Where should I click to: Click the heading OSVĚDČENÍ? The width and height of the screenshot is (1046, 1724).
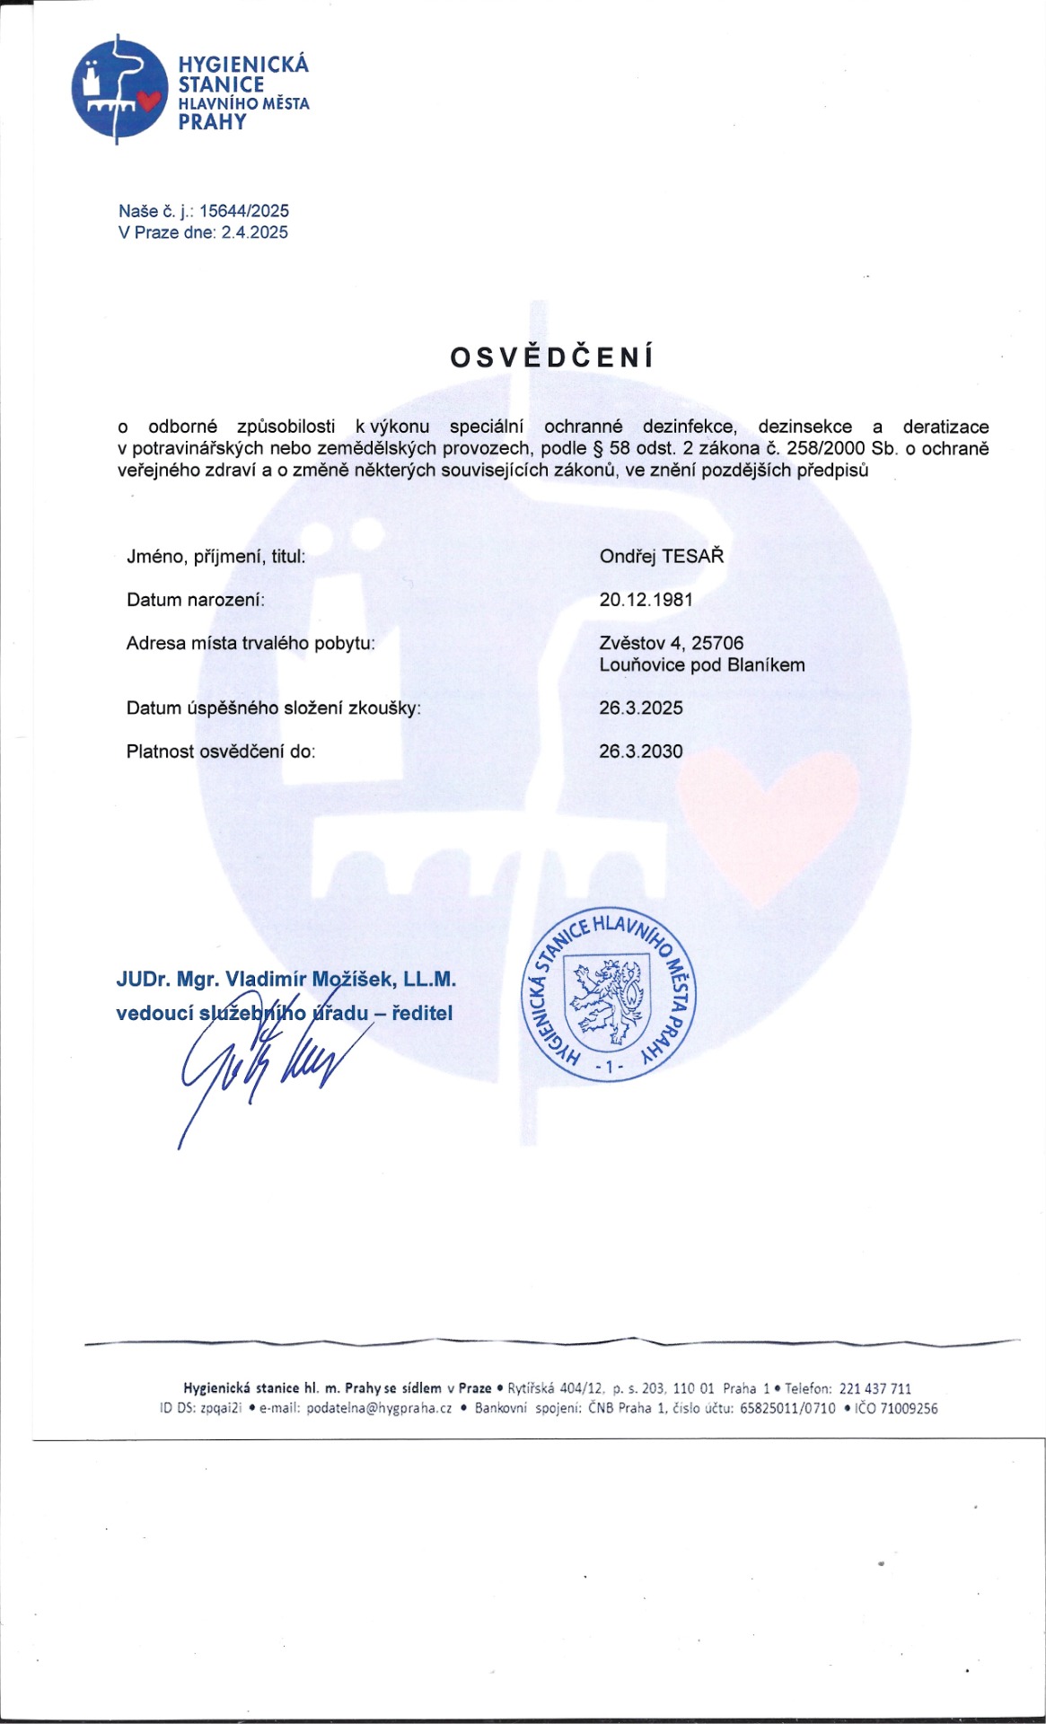[552, 357]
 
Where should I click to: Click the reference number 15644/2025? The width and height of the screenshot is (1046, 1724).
[243, 211]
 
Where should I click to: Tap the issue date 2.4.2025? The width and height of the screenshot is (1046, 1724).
[255, 233]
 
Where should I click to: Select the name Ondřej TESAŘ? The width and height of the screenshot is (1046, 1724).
[661, 556]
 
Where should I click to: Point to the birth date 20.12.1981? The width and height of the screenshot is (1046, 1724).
[646, 600]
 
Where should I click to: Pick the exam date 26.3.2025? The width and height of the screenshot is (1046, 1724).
[641, 708]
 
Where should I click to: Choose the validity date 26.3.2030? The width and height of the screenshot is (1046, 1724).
[641, 752]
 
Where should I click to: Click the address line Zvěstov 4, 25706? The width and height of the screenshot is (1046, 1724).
[672, 643]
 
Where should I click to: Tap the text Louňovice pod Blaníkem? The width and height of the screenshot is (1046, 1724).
[702, 665]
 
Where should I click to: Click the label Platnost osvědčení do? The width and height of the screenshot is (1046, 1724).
[221, 752]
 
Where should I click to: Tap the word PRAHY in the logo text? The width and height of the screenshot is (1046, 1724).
[212, 123]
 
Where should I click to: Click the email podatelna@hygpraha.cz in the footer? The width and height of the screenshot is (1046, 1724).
[379, 1408]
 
